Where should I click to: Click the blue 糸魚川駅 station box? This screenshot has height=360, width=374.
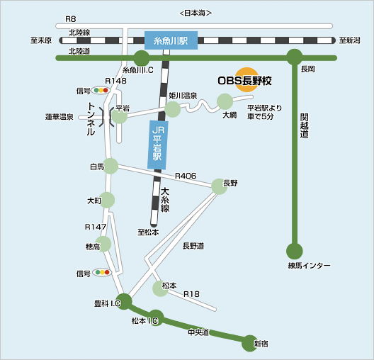[171, 40]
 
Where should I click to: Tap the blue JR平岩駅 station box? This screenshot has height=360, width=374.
[158, 145]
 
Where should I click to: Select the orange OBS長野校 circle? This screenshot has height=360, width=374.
[247, 79]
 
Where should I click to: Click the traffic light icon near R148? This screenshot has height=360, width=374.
[101, 90]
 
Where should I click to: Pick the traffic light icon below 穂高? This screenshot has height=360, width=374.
[102, 272]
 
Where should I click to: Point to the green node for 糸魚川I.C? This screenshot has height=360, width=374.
[142, 58]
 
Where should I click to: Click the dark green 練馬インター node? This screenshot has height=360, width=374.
[295, 251]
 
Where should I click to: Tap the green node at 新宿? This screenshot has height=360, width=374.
[250, 343]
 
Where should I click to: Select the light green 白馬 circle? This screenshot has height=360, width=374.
[110, 166]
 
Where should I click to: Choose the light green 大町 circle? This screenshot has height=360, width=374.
[107, 200]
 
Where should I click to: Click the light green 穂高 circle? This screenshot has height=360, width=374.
[103, 244]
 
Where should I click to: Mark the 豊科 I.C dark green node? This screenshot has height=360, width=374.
[124, 302]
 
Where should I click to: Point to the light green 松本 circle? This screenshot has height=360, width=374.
[160, 288]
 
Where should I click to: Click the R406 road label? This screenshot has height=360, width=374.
[186, 176]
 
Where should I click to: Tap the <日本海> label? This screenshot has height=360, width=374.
[195, 13]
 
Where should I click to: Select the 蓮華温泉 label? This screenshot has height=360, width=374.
[59, 117]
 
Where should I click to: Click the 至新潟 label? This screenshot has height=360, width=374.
[349, 40]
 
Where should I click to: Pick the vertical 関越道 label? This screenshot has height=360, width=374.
[305, 125]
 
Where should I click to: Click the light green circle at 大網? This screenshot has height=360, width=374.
[225, 101]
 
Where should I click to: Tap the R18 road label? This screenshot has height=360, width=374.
[191, 294]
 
